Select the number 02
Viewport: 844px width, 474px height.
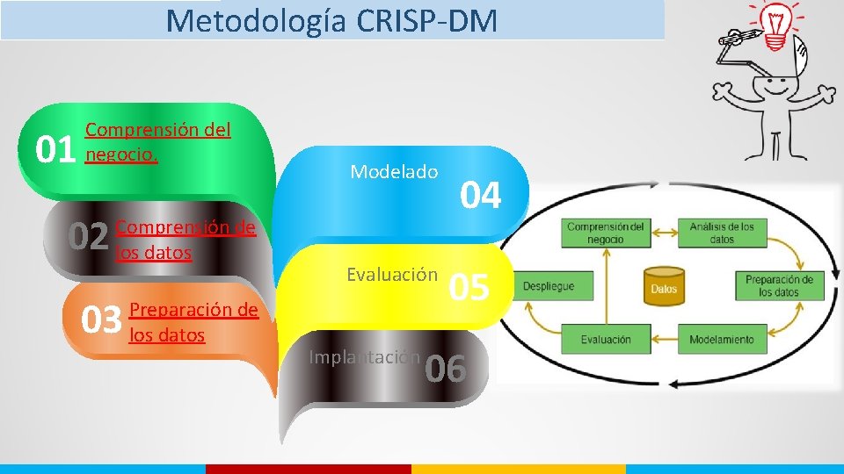89,236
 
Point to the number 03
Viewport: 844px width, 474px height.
101,320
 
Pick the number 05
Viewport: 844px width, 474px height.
469,287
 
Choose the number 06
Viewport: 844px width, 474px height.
445,370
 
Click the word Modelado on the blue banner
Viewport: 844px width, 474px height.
394,172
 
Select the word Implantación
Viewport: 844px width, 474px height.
364,357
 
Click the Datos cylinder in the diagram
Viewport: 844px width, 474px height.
664,287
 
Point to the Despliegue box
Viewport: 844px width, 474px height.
549,286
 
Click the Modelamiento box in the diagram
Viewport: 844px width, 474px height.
721,339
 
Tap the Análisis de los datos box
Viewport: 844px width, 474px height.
722,233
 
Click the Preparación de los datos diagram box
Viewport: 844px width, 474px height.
779,286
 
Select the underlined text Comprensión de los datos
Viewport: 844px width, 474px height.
186,241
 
